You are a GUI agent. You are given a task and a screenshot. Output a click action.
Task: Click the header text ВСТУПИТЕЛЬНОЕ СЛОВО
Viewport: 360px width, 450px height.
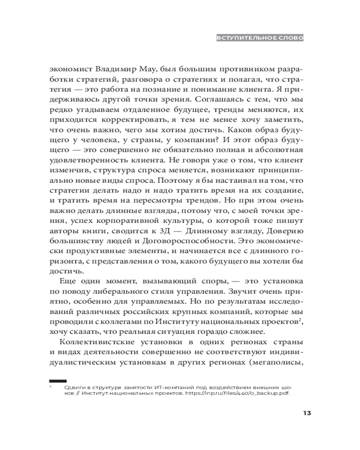[x=260, y=38]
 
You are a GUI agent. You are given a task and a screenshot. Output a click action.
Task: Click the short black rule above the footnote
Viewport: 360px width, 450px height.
[x=58, y=381]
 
